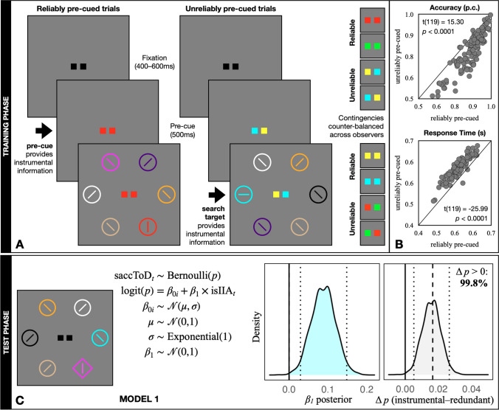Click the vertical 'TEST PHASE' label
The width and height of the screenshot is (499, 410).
(x=7, y=317)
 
